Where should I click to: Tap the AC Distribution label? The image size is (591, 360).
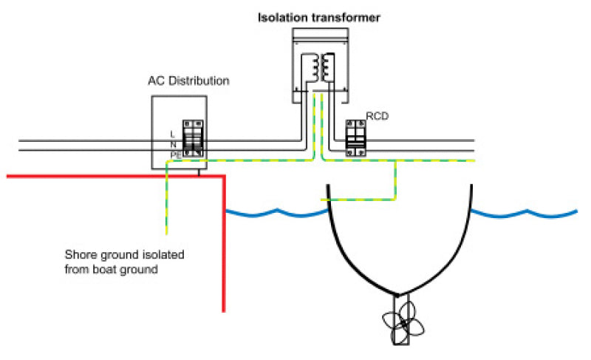188,81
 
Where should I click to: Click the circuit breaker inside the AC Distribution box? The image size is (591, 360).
194,137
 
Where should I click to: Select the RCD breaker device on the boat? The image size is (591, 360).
358,137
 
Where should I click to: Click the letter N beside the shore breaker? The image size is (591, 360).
173,144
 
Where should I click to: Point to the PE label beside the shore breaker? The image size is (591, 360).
175,154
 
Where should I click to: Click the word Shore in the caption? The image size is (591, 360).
79,256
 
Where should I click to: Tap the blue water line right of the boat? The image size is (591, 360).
525,214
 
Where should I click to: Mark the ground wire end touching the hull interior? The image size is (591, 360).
322,199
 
